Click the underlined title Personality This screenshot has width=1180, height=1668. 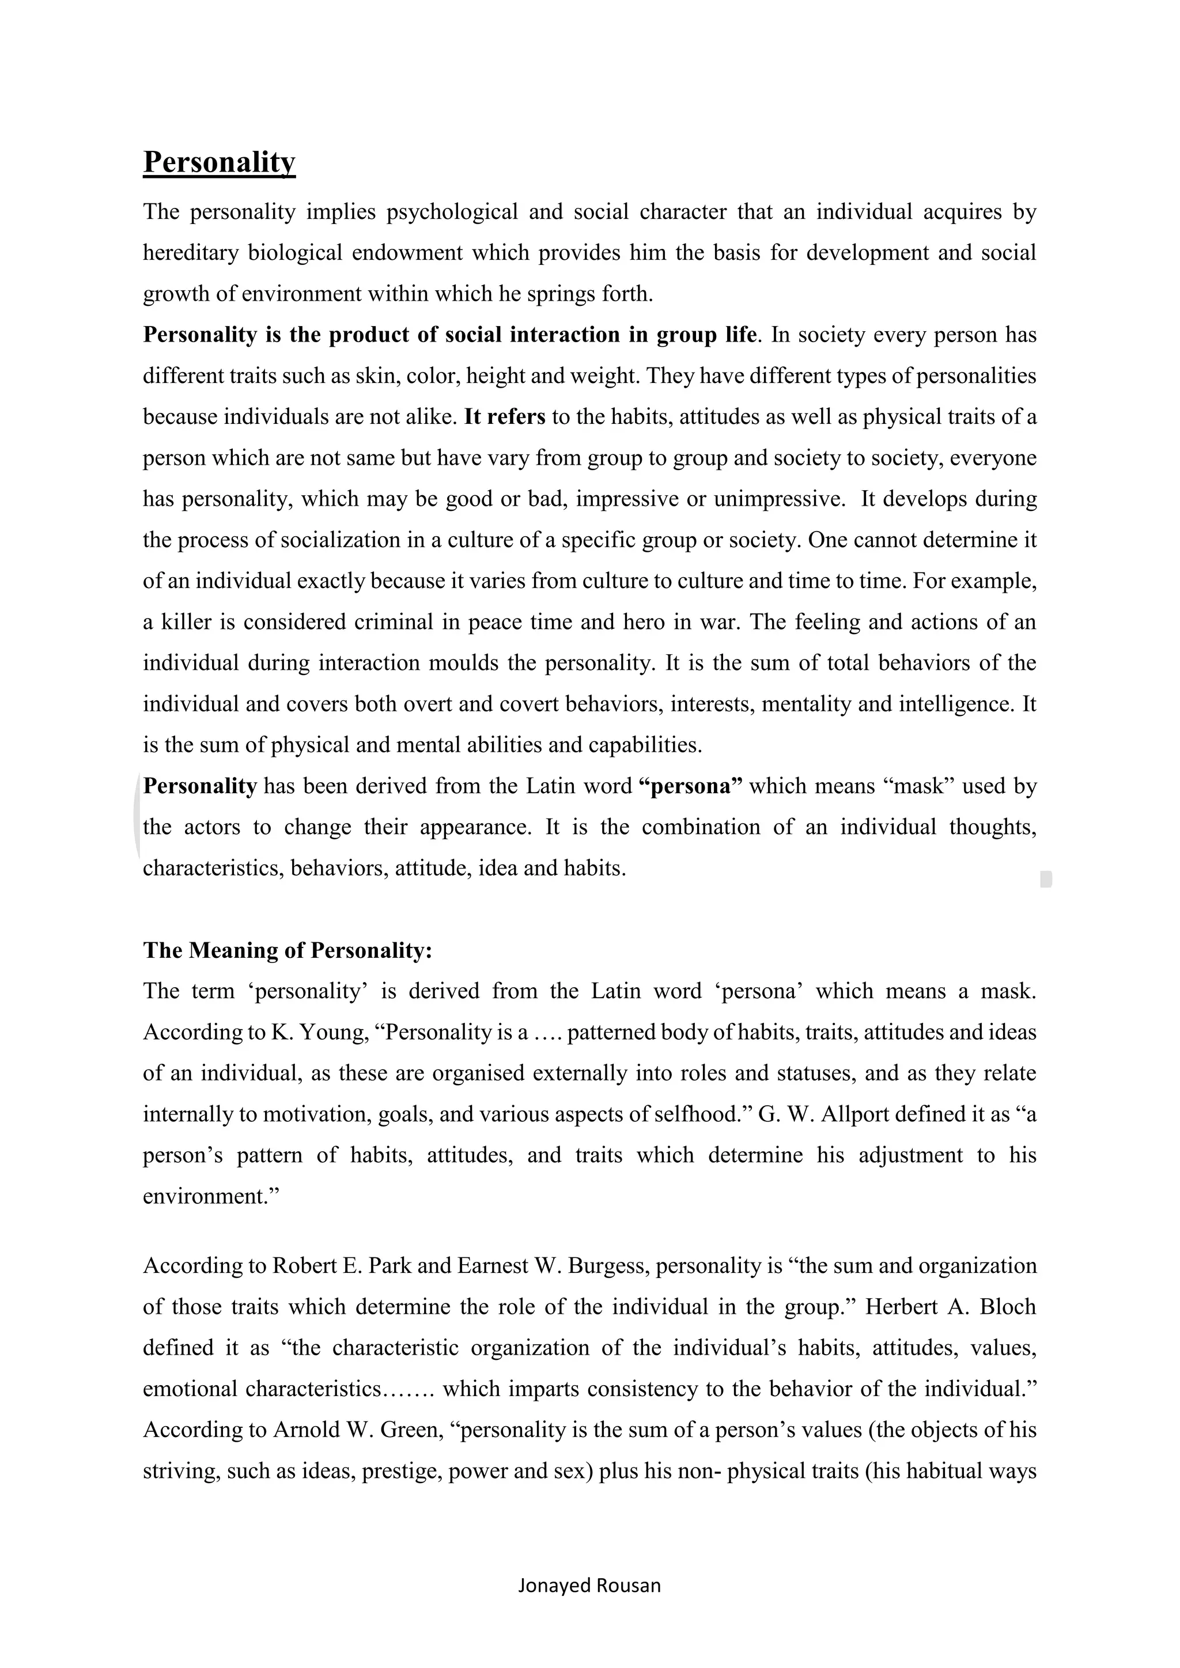pos(219,161)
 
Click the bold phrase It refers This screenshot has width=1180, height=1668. pos(504,417)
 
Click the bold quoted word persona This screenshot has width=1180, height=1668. pos(690,786)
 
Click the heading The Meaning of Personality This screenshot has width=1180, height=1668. pos(287,950)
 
